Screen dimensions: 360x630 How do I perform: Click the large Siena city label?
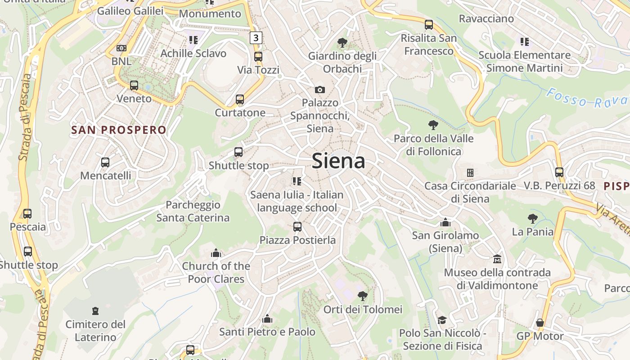click(x=338, y=161)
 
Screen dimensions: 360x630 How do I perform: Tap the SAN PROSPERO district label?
click(x=119, y=130)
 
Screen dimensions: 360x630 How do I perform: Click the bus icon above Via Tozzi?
click(x=258, y=57)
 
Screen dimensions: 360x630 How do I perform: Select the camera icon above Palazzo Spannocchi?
click(x=320, y=90)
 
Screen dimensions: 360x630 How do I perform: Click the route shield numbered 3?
click(x=256, y=38)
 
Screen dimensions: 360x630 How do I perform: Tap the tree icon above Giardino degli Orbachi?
click(x=342, y=43)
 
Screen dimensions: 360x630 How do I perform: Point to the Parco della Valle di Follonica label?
click(x=434, y=145)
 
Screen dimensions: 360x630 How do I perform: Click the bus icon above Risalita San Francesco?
click(x=429, y=25)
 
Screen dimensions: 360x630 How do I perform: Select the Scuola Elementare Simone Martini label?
click(x=524, y=62)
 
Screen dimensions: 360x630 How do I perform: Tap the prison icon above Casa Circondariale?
click(x=470, y=172)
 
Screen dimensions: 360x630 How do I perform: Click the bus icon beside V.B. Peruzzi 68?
click(x=559, y=172)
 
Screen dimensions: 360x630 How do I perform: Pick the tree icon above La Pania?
click(x=533, y=219)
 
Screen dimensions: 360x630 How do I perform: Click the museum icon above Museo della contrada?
click(x=497, y=259)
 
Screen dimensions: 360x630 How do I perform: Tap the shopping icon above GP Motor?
click(x=540, y=323)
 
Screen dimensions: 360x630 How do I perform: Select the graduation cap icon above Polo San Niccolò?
click(x=442, y=320)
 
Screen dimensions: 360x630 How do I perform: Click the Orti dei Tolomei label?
click(x=363, y=310)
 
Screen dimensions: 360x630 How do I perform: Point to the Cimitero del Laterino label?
click(x=95, y=331)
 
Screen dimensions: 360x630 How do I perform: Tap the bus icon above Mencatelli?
click(x=105, y=162)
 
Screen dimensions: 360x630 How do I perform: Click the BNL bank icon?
click(x=121, y=48)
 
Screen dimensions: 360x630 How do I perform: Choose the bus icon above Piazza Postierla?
click(x=297, y=227)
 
